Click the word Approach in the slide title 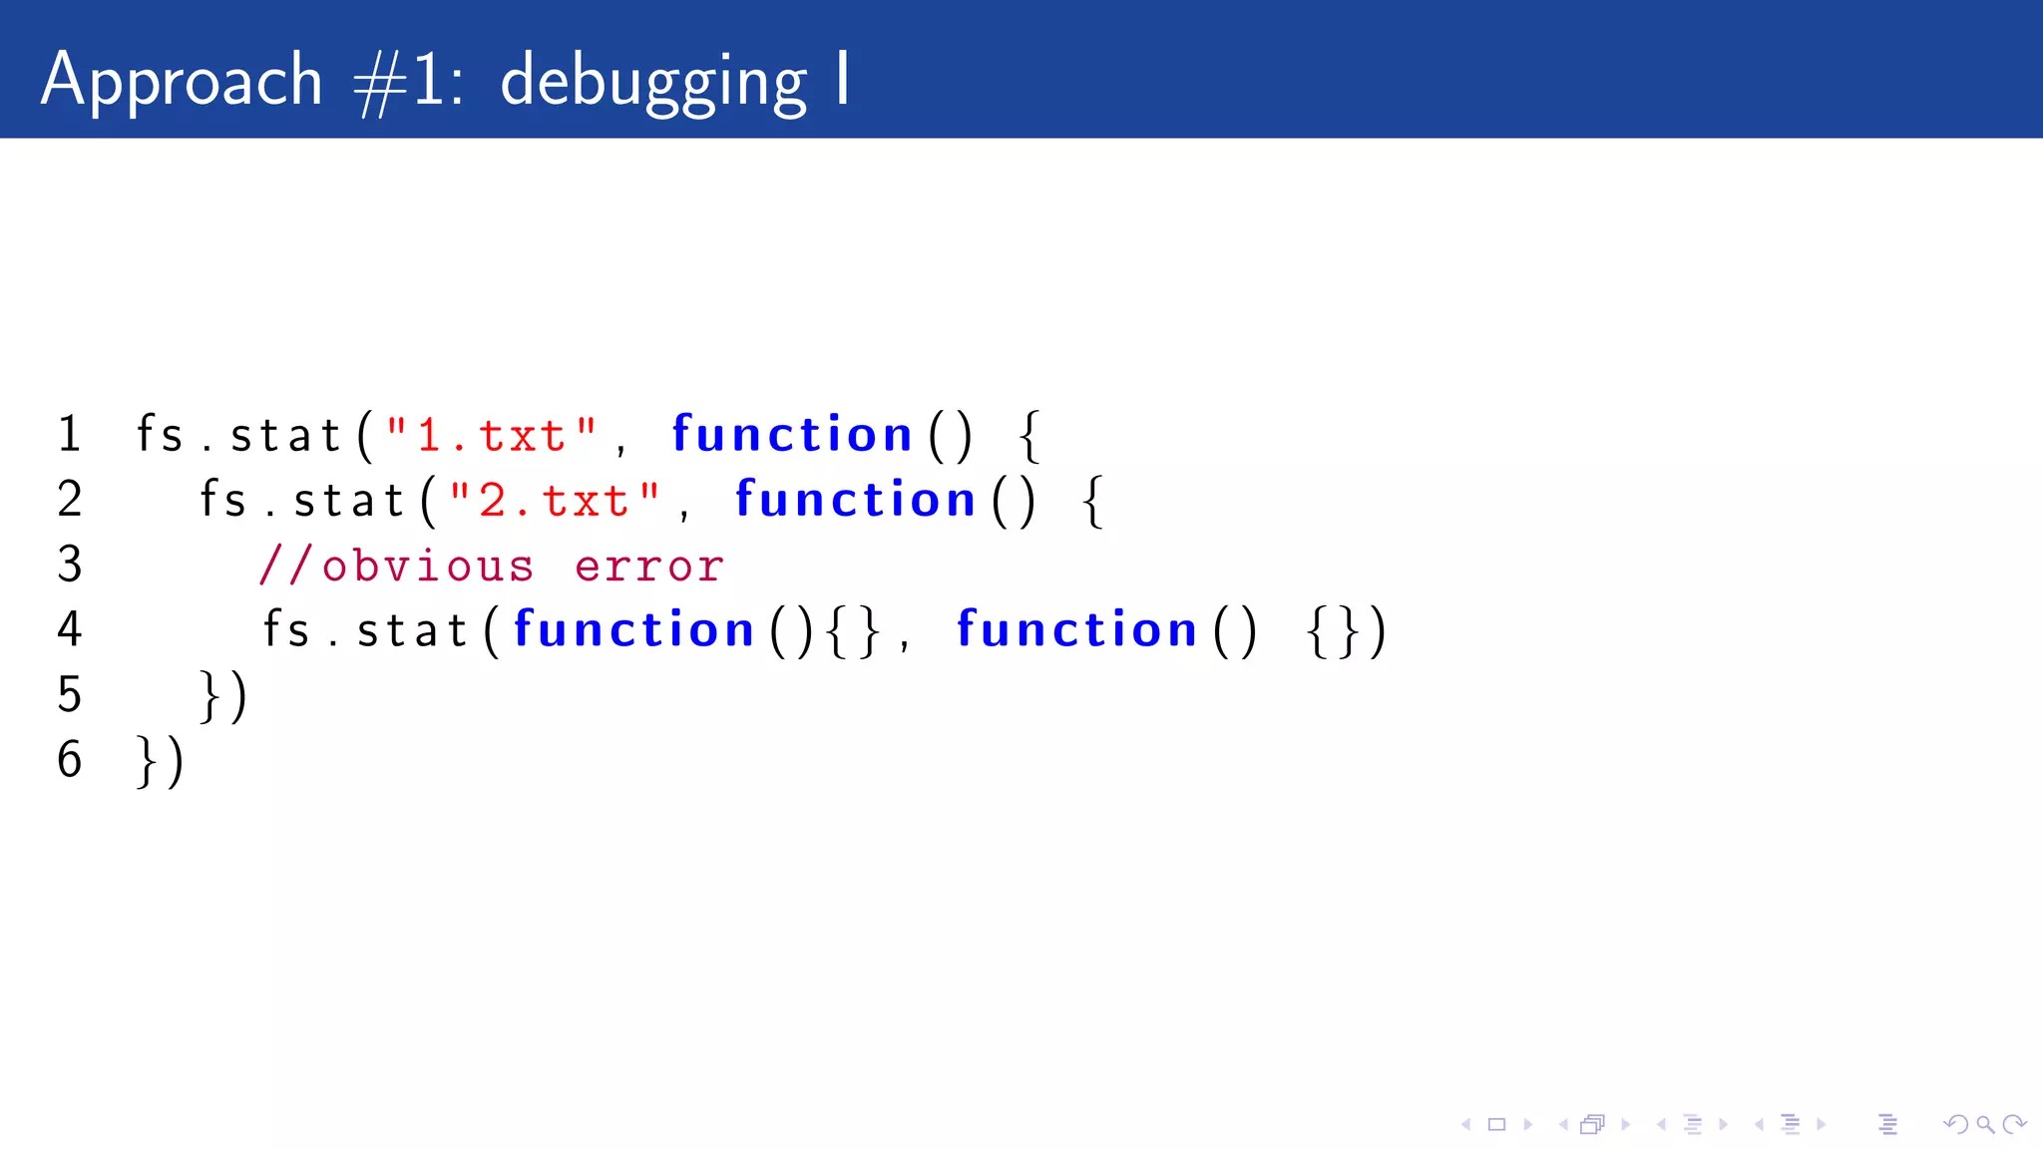[182, 80]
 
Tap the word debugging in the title [653, 82]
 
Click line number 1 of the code [69, 434]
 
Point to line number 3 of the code [69, 565]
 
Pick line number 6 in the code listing [69, 759]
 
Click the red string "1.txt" [492, 435]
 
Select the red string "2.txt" [555, 500]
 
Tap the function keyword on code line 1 [792, 435]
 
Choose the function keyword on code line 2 [855, 500]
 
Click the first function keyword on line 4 [633, 630]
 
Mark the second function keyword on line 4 [1076, 630]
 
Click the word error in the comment [649, 567]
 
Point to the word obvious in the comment [428, 567]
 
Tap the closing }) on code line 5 [223, 695]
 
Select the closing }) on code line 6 [161, 761]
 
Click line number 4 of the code [69, 629]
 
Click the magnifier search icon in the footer [1985, 1125]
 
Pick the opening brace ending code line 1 [1030, 436]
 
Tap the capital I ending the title [844, 78]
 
